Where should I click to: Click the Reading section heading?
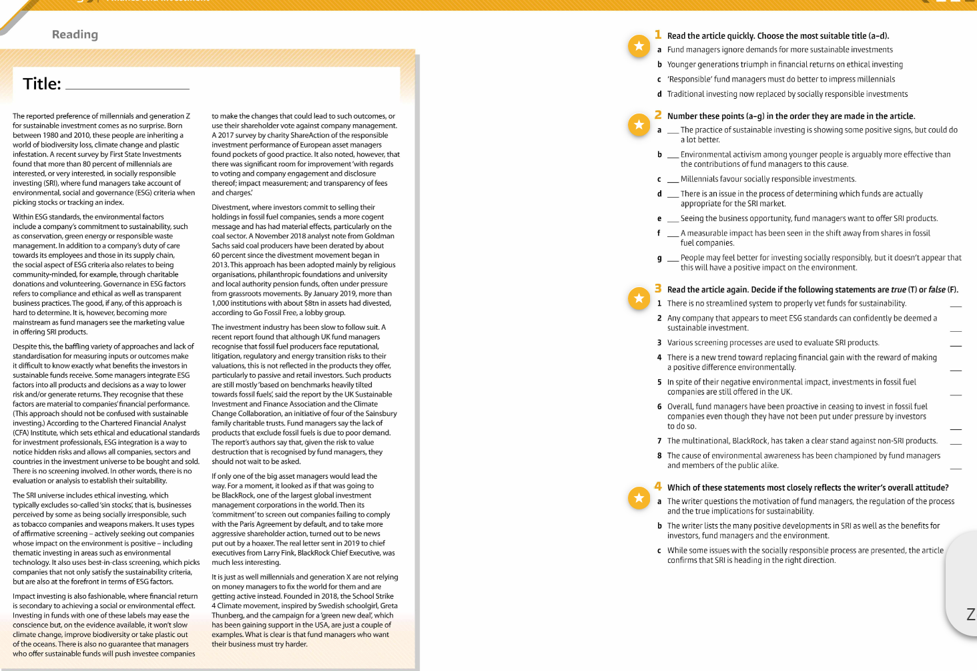pyautogui.click(x=75, y=35)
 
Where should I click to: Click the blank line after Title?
pyautogui.click(x=127, y=86)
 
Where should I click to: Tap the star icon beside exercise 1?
pyautogui.click(x=639, y=46)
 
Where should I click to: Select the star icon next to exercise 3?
pyautogui.click(x=639, y=298)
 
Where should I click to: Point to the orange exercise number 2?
pyautogui.click(x=658, y=115)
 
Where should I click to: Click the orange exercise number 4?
pyautogui.click(x=658, y=487)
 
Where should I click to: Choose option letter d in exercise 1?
pyautogui.click(x=659, y=95)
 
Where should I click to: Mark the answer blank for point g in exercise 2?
pyautogui.click(x=673, y=258)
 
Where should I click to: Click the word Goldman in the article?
pyautogui.click(x=380, y=236)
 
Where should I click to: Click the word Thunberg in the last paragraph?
pyautogui.click(x=229, y=616)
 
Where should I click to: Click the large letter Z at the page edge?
pyautogui.click(x=970, y=614)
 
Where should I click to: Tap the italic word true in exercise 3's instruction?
pyautogui.click(x=898, y=290)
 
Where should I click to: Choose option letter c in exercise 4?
pyautogui.click(x=659, y=551)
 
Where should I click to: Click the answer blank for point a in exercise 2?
pyautogui.click(x=673, y=131)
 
